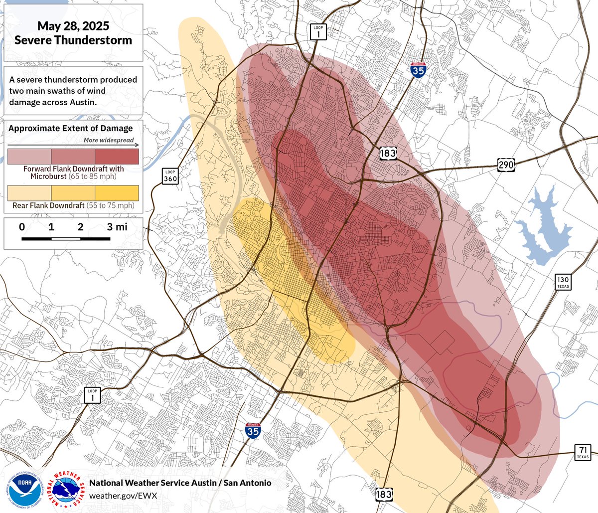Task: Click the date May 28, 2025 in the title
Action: pyautogui.click(x=73, y=26)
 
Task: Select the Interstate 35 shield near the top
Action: pyautogui.click(x=418, y=70)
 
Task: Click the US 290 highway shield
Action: pyautogui.click(x=505, y=164)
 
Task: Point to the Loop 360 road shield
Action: pyautogui.click(x=170, y=176)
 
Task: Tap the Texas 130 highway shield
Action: pyautogui.click(x=563, y=281)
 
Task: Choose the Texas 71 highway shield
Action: pyautogui.click(x=583, y=452)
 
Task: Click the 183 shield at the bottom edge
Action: pyautogui.click(x=384, y=494)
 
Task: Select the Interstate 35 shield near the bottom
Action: pyautogui.click(x=253, y=430)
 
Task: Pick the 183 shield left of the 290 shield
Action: pyautogui.click(x=388, y=153)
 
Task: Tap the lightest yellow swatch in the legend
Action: pyautogui.click(x=29, y=193)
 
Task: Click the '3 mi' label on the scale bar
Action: pyautogui.click(x=117, y=227)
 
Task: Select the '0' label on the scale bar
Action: pyautogui.click(x=22, y=227)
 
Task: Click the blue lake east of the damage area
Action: pyautogui.click(x=543, y=227)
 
